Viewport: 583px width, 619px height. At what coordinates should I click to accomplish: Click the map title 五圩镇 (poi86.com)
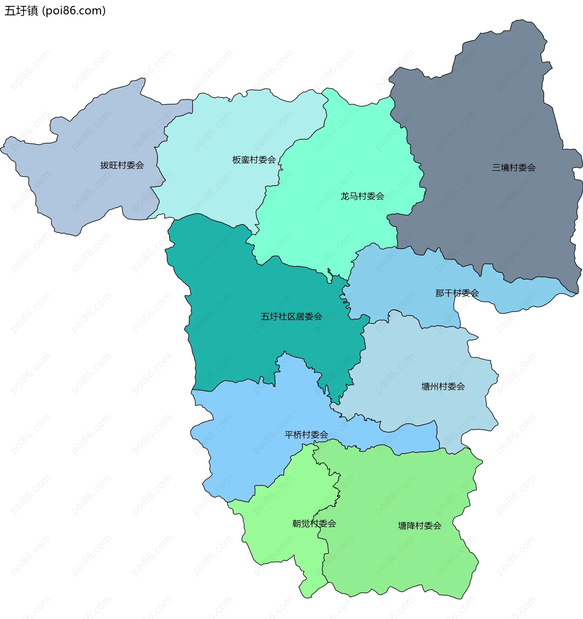click(55, 11)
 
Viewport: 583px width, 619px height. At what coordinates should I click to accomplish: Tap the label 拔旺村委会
click(122, 165)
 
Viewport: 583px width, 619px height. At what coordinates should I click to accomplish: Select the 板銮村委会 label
click(254, 160)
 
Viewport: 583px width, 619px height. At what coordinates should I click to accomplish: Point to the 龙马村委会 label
click(362, 196)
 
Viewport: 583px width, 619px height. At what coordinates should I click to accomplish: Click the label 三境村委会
click(513, 168)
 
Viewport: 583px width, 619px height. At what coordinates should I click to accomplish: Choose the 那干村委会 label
click(457, 293)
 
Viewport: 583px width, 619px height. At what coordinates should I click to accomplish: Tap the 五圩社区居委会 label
click(291, 317)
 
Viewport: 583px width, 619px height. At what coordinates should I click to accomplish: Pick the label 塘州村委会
click(443, 387)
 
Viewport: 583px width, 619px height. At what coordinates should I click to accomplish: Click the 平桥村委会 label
click(306, 435)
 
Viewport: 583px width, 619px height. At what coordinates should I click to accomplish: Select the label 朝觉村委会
click(314, 524)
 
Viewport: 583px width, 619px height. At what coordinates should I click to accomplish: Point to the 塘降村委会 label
click(420, 526)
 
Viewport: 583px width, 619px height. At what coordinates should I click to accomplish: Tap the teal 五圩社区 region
click(249, 342)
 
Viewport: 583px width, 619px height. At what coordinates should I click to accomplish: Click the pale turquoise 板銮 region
click(218, 140)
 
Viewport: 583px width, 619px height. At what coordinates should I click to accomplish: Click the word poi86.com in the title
click(73, 11)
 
